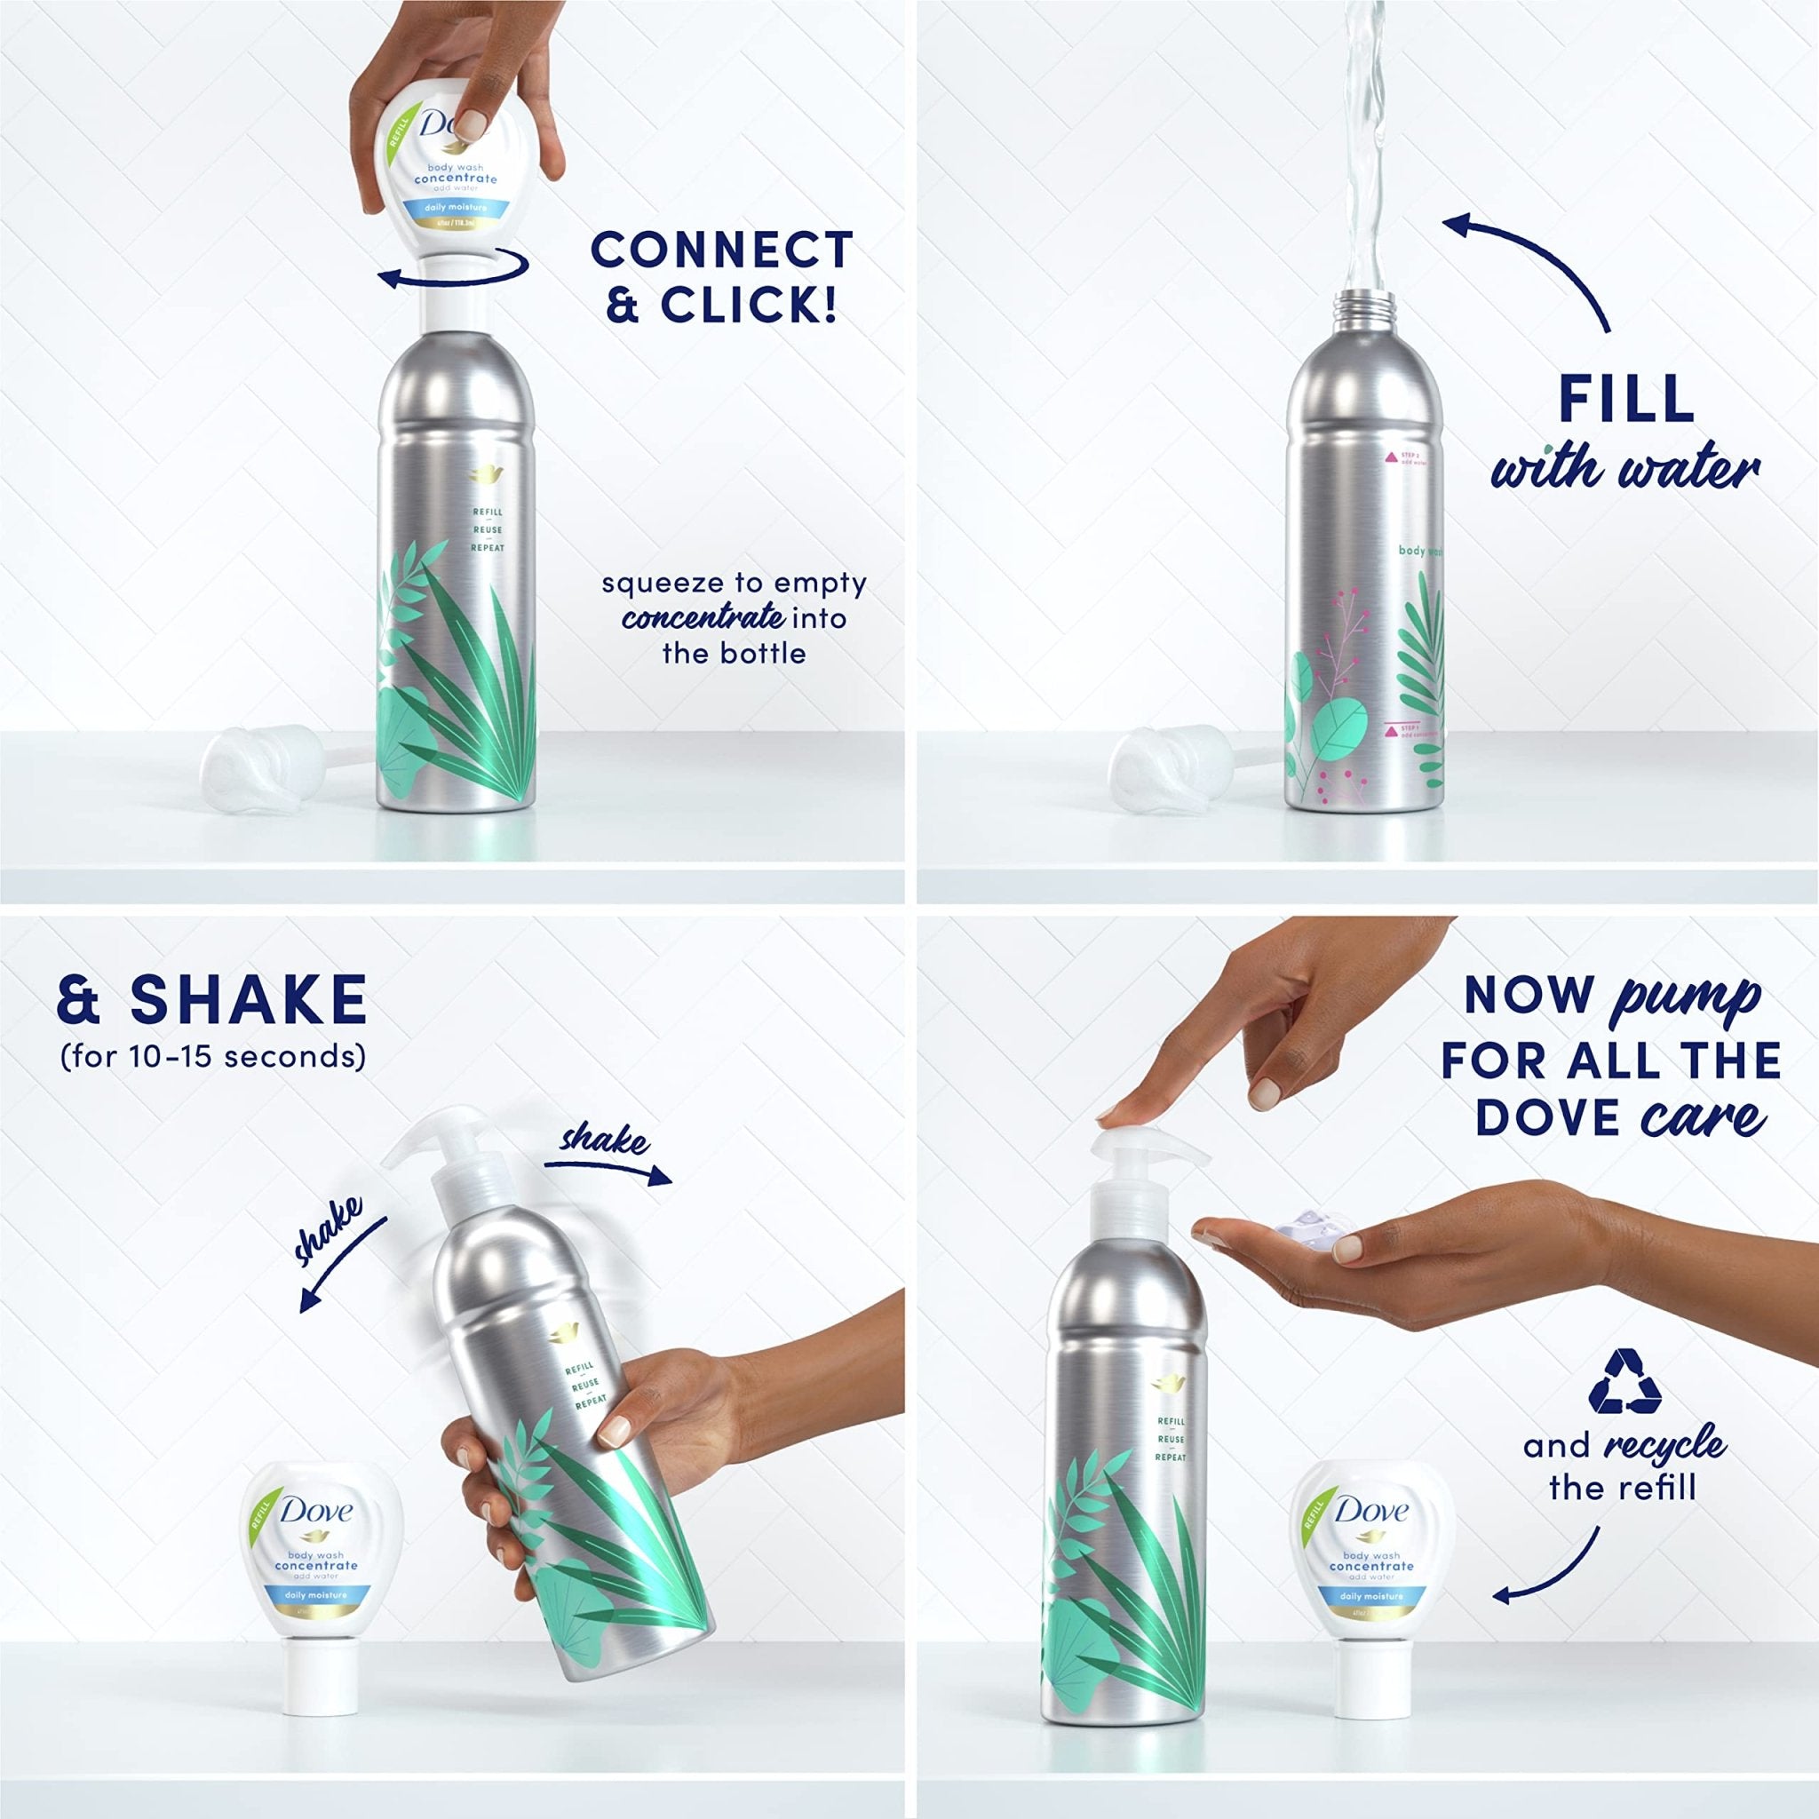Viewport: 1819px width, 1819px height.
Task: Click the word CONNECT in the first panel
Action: pyautogui.click(x=721, y=250)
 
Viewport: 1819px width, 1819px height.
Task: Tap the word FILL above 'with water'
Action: pyautogui.click(x=1626, y=399)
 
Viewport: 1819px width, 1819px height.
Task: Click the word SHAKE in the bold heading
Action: pyautogui.click(x=249, y=1000)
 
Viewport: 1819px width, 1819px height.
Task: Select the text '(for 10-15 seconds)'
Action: pyautogui.click(x=213, y=1056)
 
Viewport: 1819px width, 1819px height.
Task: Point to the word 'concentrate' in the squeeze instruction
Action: pyautogui.click(x=703, y=618)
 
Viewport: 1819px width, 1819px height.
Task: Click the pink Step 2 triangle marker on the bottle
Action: pyautogui.click(x=1390, y=457)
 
